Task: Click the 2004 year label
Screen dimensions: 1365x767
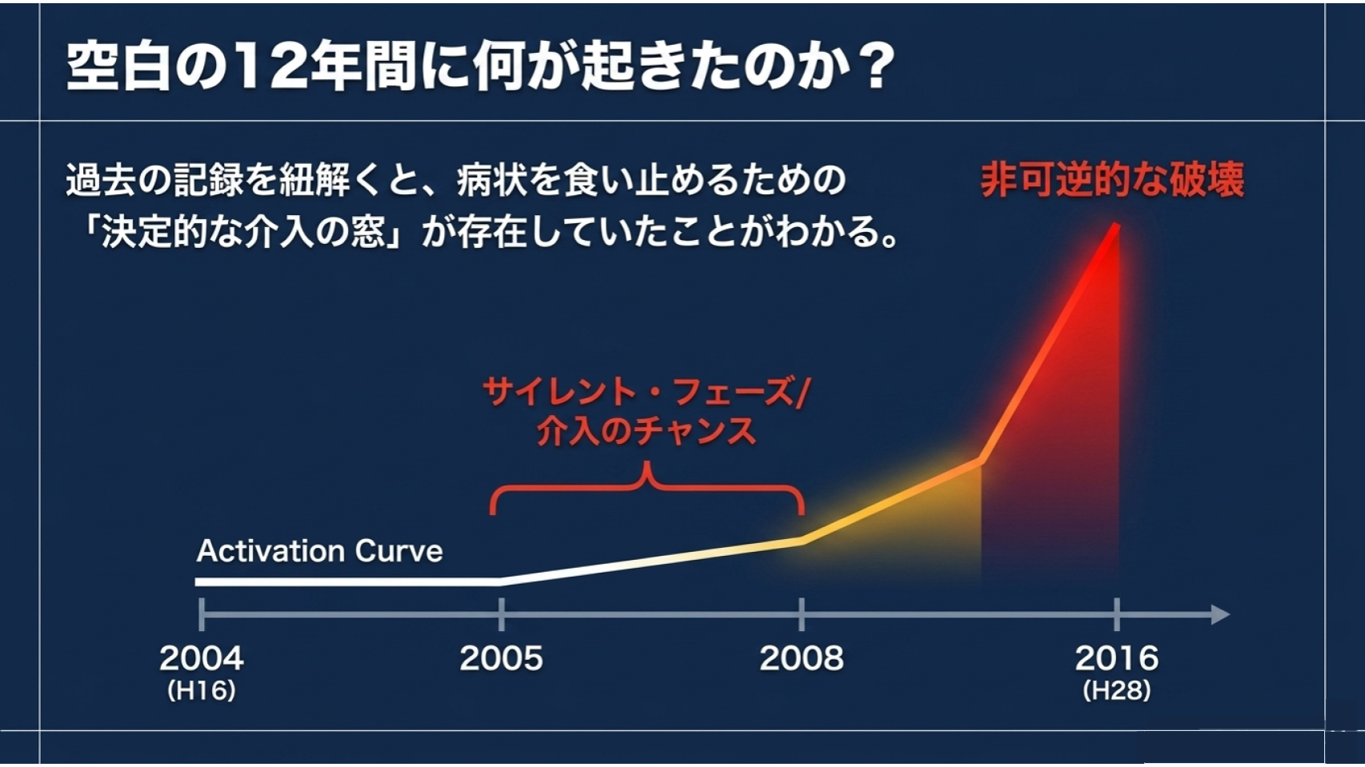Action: click(202, 658)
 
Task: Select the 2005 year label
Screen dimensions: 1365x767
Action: click(501, 658)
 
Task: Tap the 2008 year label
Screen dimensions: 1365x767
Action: click(802, 658)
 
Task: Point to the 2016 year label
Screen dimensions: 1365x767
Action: click(1116, 658)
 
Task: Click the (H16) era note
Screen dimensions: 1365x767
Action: click(202, 691)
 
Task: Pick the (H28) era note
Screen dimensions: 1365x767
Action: click(1116, 691)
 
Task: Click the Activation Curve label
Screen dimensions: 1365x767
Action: click(319, 551)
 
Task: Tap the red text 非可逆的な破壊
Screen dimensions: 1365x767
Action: click(1112, 179)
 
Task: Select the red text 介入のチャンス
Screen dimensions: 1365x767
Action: click(646, 431)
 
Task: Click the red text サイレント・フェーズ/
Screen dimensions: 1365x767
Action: click(646, 392)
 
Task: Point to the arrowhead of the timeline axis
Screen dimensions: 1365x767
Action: click(1220, 615)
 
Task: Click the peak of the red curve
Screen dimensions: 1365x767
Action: click(1117, 226)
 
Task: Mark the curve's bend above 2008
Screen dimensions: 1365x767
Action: click(803, 541)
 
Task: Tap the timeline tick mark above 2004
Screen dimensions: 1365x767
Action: click(202, 615)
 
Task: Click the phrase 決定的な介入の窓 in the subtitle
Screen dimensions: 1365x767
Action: click(244, 232)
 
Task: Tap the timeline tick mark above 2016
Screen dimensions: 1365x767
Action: click(1117, 615)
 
